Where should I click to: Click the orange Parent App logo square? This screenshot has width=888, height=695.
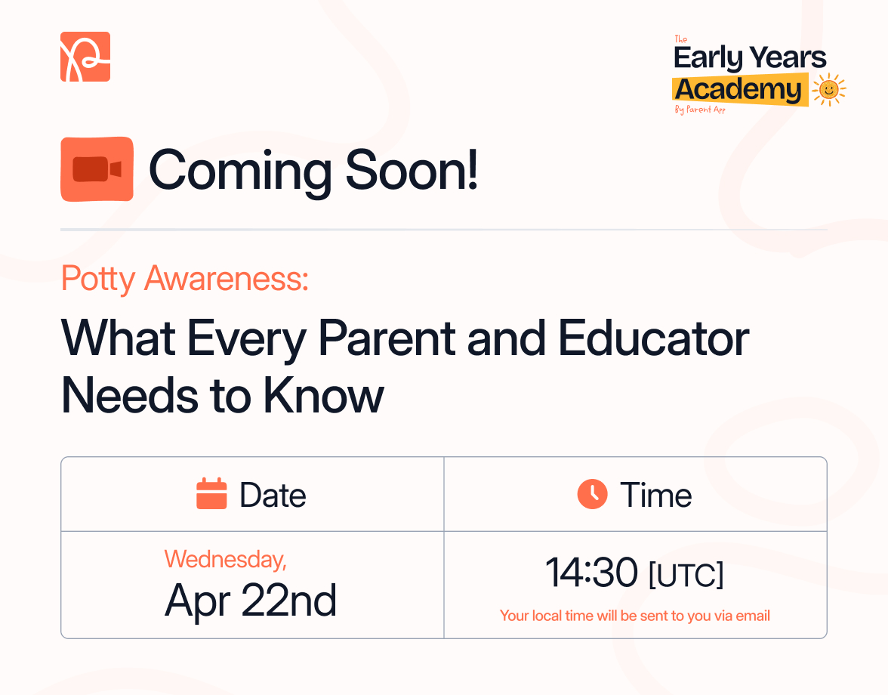[85, 57]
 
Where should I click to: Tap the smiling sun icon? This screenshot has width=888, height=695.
[828, 90]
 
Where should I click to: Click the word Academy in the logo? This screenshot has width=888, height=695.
[738, 89]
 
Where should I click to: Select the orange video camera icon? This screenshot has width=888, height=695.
[97, 169]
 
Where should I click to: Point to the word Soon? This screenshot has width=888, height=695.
[412, 171]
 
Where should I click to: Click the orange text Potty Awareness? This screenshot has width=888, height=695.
[185, 279]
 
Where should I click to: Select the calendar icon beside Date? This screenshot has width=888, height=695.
[211, 494]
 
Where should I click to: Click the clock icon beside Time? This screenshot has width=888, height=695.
[592, 494]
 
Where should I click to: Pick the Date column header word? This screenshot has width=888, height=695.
[273, 496]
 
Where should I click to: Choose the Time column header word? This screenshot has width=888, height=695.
[655, 496]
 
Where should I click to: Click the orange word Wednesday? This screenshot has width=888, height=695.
[225, 560]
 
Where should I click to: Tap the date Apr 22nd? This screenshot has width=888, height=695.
[251, 601]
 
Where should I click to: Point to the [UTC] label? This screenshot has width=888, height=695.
[686, 575]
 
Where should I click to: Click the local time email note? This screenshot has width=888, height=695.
[635, 616]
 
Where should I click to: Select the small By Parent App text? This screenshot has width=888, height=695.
[700, 110]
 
